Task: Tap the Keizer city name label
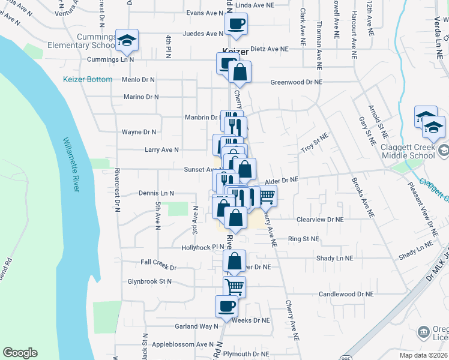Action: tap(235, 52)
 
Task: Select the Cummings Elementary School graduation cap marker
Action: tap(127, 41)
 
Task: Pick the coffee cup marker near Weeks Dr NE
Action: tap(226, 307)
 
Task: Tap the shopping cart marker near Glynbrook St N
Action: tap(234, 287)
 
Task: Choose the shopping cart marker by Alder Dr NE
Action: tap(266, 196)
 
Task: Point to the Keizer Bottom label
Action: tap(88, 79)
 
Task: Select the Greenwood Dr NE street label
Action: tap(296, 82)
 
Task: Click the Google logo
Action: tap(20, 353)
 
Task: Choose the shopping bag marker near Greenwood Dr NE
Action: tap(240, 73)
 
